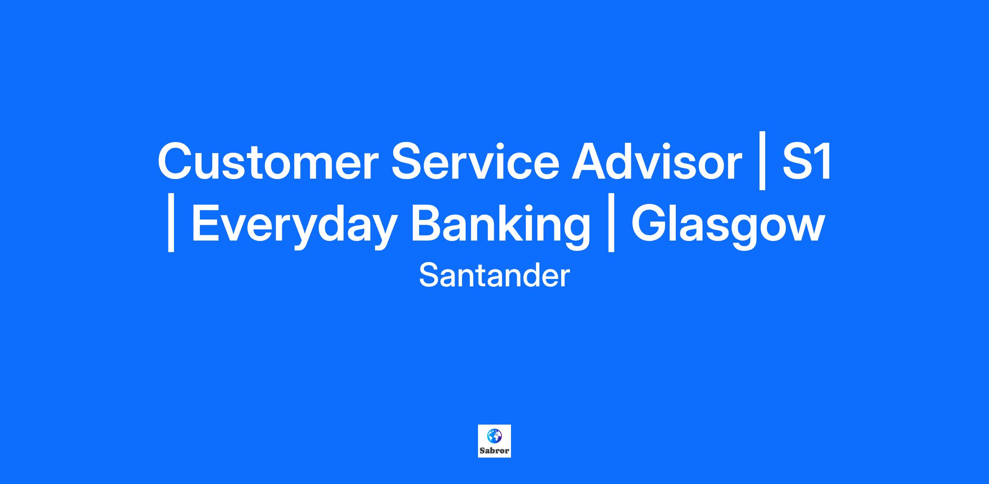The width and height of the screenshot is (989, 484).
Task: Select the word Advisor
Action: pyautogui.click(x=657, y=161)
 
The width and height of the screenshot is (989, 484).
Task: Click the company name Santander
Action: pyautogui.click(x=494, y=276)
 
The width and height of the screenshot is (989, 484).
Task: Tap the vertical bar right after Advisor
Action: pyautogui.click(x=762, y=161)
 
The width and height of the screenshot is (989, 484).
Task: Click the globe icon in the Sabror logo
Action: pyautogui.click(x=494, y=435)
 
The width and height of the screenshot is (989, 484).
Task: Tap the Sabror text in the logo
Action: pyautogui.click(x=494, y=451)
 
